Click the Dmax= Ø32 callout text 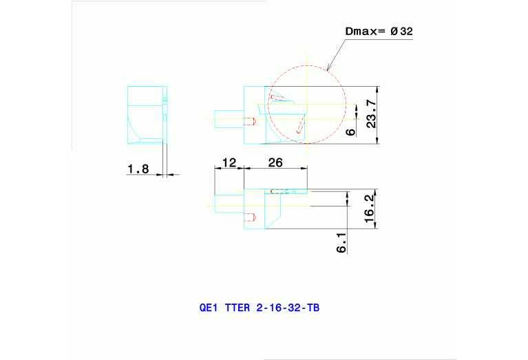(x=378, y=32)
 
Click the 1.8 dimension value (x=138, y=169)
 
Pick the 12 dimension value (x=229, y=162)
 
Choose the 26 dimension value (x=275, y=162)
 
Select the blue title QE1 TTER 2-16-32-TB (x=259, y=308)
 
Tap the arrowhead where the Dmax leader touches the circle (x=328, y=69)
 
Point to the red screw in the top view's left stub (x=251, y=121)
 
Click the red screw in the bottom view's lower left (x=251, y=218)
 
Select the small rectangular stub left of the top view (x=229, y=120)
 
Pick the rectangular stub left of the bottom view (x=229, y=204)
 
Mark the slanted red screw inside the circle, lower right (x=299, y=126)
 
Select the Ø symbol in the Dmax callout (x=394, y=32)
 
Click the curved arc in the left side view (x=134, y=129)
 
